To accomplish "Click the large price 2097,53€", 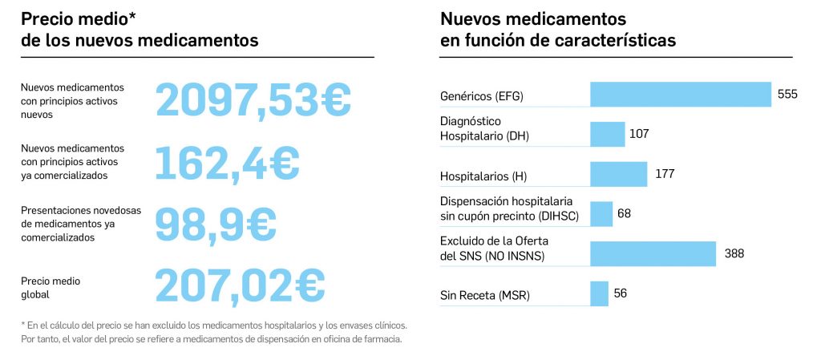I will [253, 100].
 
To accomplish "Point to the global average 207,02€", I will [240, 285].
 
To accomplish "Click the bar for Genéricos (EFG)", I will [681, 95].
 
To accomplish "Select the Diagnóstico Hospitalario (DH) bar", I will [608, 134].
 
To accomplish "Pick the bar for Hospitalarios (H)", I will [619, 174].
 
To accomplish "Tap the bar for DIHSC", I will [601, 214].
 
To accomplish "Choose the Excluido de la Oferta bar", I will [653, 253].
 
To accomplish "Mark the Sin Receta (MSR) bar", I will [600, 293].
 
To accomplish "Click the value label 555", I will [787, 95].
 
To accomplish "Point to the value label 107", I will [639, 134].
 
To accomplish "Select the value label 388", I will [734, 253].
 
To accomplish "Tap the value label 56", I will [621, 293].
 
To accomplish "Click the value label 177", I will [665, 174].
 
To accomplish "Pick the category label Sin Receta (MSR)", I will [485, 296].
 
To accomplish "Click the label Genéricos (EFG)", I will [481, 96].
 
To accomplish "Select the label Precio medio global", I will [51, 288].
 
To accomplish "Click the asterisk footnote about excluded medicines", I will [214, 332].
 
